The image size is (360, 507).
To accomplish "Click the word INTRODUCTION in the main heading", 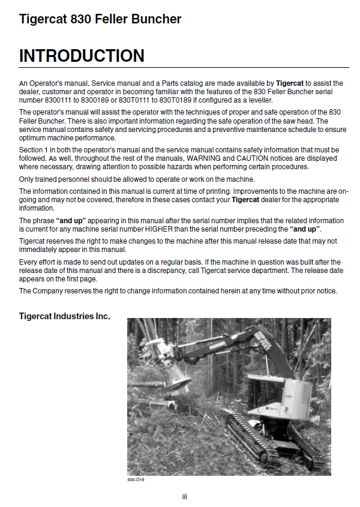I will (82, 56).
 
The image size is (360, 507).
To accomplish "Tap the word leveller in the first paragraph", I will (257, 100).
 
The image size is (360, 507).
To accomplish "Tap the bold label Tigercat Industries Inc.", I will (65, 316).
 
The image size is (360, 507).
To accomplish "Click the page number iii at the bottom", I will (185, 496).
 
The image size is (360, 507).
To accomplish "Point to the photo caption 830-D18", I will (136, 480).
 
